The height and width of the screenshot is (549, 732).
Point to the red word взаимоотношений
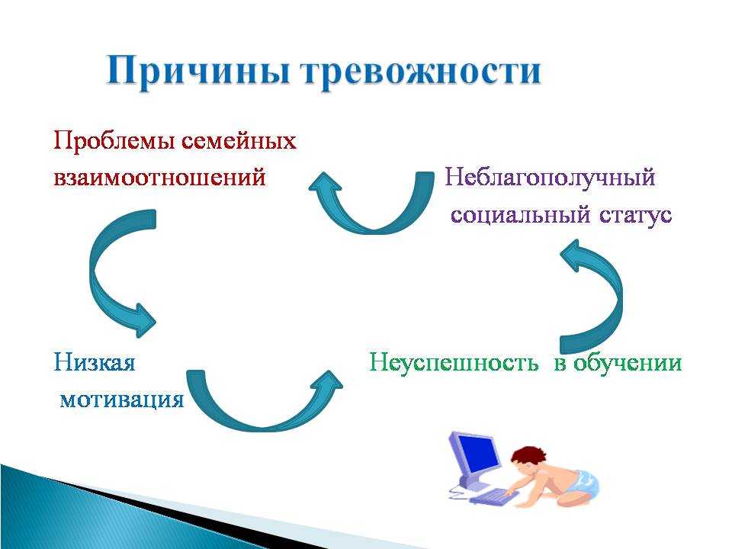pos(159,178)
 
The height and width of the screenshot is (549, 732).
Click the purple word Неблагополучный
pos(551,178)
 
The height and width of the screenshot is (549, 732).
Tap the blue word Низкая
pos(95,362)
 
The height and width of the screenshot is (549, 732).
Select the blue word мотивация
pos(122,400)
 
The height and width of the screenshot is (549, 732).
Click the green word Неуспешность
pos(453,363)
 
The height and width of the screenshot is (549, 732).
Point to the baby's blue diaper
pos(582,482)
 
